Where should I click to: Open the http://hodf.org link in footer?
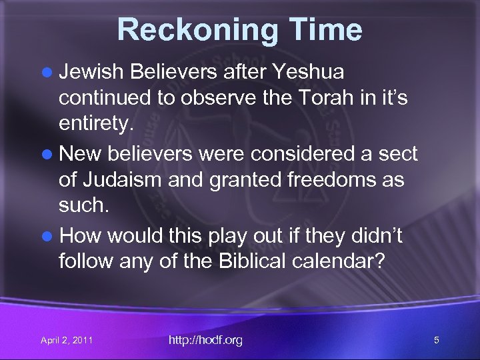[205, 341]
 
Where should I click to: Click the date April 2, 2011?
[67, 341]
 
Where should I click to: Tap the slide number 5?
[436, 341]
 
